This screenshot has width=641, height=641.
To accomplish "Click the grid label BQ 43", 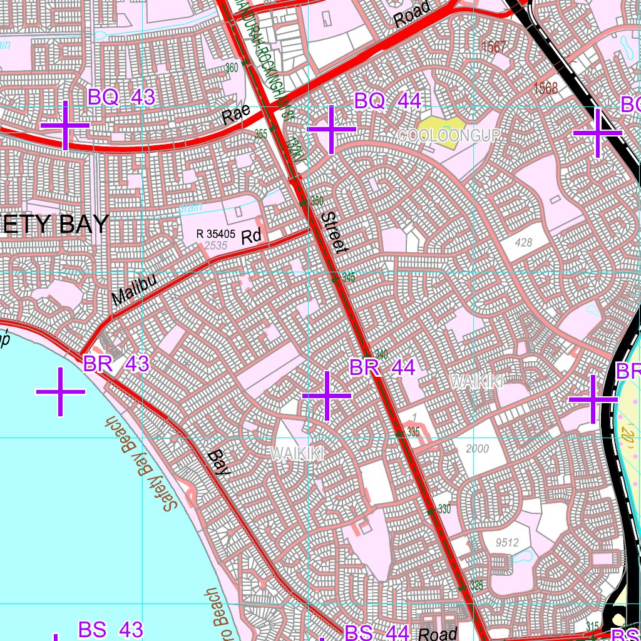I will click(121, 98).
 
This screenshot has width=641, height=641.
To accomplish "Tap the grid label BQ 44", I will click(387, 101).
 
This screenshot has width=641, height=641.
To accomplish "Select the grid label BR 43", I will click(116, 364).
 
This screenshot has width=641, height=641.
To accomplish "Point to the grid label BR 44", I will click(382, 367).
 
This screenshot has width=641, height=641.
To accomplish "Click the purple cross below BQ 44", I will click(331, 129).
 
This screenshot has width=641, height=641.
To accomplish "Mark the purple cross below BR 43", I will click(60, 392).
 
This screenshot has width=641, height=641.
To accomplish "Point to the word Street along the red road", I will click(334, 232).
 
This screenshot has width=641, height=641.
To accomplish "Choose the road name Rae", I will click(235, 115).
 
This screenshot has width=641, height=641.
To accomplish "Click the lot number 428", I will click(524, 242).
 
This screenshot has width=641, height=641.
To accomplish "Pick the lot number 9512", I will click(506, 542).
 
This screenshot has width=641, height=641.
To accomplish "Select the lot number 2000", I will click(477, 449).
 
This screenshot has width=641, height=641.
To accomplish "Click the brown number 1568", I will click(545, 88).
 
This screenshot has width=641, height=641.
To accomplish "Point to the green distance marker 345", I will click(349, 277).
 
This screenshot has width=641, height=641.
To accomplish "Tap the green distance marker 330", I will click(444, 509).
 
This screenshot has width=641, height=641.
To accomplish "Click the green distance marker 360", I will click(232, 68).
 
